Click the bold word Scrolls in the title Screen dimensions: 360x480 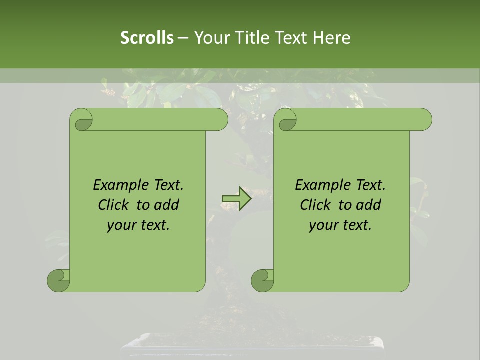pyautogui.click(x=147, y=38)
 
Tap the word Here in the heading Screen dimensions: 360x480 pyautogui.click(x=332, y=38)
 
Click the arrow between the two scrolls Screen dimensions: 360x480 pyautogui.click(x=237, y=199)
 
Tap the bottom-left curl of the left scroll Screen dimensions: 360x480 pyautogui.click(x=58, y=280)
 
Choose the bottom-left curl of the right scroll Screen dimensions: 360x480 pyautogui.click(x=262, y=280)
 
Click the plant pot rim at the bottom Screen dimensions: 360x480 pyautogui.click(x=252, y=340)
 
